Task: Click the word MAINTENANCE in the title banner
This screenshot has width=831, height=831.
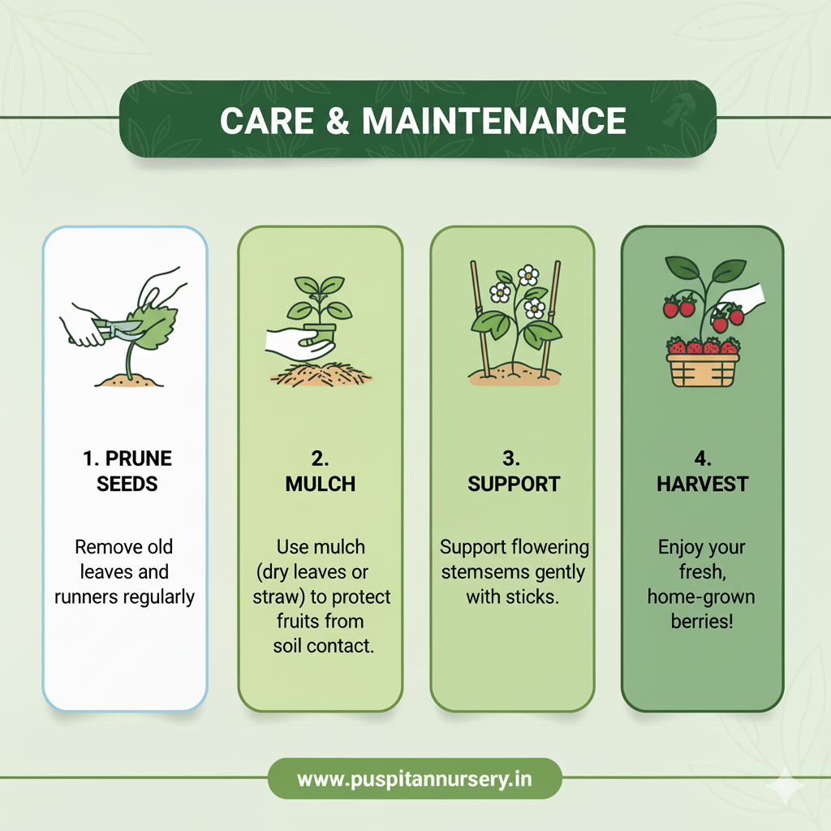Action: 494,120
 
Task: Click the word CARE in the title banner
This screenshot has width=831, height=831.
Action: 266,120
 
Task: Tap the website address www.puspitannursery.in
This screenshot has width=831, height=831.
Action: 415,780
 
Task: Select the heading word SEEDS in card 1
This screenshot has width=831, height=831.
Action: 127,484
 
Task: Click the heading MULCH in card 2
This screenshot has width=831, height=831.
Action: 320,484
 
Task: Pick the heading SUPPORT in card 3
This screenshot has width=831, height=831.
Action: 514,484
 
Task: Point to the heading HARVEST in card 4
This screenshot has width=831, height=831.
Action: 702,484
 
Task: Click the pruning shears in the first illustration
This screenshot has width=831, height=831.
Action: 117,329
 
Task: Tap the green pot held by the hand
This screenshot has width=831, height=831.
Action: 320,334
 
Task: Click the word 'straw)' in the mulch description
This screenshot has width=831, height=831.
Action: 279,597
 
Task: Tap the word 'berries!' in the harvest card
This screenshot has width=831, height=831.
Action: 702,621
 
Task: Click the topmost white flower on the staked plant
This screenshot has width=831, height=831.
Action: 527,275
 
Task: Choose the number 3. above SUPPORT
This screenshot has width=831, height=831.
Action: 511,459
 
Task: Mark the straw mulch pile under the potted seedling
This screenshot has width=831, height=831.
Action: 321,373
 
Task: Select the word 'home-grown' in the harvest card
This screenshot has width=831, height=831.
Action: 701,596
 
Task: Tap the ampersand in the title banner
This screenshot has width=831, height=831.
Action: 338,120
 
